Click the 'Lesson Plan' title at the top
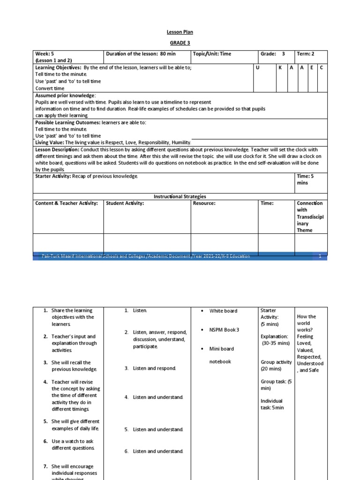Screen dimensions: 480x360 tap(180, 32)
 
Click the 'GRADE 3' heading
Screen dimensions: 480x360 tap(180, 42)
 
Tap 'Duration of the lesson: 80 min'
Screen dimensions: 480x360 tap(141, 54)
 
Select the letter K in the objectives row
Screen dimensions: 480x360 tap(280, 68)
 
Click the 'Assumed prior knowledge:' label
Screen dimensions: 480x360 tap(65, 95)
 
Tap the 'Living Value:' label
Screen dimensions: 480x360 tap(50, 142)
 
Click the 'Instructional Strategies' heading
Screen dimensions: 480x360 tap(180, 196)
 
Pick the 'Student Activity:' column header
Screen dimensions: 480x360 tap(125, 203)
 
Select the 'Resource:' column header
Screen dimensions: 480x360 tap(204, 203)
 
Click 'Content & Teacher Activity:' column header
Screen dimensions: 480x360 tap(67, 203)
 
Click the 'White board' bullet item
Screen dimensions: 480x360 tap(223, 311)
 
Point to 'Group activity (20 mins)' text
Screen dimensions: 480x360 tap(275, 365)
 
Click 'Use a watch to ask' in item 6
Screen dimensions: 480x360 tap(73, 441)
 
